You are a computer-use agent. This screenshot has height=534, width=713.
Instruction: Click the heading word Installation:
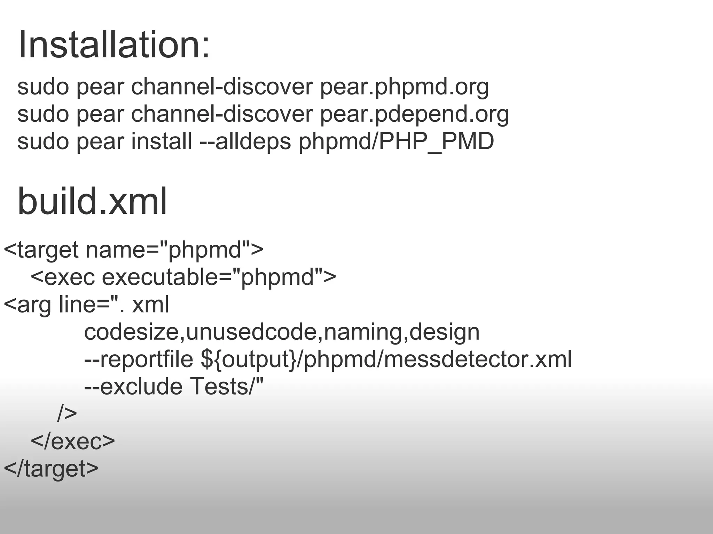pos(114,45)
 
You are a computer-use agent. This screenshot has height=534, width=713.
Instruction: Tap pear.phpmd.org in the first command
pos(404,87)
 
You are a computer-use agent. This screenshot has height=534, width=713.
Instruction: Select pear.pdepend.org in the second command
pos(414,115)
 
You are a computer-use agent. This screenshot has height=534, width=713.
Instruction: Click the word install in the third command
pos(161,141)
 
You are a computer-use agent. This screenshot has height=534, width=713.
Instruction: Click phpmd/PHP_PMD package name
pos(396,141)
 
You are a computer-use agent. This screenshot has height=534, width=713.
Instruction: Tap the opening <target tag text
pos(41,250)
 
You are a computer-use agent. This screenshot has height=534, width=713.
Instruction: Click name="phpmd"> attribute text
pos(174,250)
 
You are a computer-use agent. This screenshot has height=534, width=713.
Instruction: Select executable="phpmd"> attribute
pos(219,277)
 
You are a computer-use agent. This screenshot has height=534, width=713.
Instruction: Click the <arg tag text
pos(28,305)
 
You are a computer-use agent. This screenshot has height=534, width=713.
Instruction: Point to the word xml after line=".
pos(150,305)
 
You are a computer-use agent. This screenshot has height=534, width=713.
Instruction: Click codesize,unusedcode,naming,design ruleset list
pos(282,332)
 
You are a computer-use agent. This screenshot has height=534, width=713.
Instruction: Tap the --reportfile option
pos(139,359)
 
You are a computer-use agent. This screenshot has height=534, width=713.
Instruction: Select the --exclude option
pos(133,387)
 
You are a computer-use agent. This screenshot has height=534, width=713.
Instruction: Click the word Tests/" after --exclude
pos(227,387)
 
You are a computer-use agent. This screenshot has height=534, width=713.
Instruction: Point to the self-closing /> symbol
pos(67,414)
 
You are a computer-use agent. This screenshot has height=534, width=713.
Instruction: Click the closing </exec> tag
pos(73,441)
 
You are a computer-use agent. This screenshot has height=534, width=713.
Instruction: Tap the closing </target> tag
pos(51,469)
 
